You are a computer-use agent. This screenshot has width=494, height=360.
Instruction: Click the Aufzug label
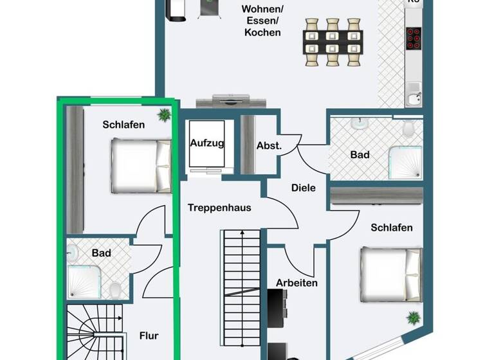[207, 143]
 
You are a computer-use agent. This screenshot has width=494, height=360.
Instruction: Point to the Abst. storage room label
[269, 145]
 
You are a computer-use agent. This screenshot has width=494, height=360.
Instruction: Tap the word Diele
[304, 188]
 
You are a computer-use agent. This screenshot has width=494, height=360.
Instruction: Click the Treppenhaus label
[219, 208]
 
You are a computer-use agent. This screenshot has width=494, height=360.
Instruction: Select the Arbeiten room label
[297, 282]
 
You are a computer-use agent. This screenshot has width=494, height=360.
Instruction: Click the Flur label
[149, 335]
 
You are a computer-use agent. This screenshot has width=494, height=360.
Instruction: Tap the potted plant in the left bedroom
[164, 115]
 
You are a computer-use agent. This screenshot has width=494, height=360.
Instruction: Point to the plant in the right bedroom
[412, 318]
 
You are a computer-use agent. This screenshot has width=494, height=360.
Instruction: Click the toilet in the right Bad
[407, 130]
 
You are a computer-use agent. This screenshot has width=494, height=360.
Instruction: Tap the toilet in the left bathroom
[116, 291]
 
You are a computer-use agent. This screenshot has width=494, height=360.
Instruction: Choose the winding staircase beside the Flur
[94, 332]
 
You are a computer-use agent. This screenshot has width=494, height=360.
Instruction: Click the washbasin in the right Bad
[360, 123]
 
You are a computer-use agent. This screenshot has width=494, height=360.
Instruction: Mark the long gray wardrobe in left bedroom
[75, 170]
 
